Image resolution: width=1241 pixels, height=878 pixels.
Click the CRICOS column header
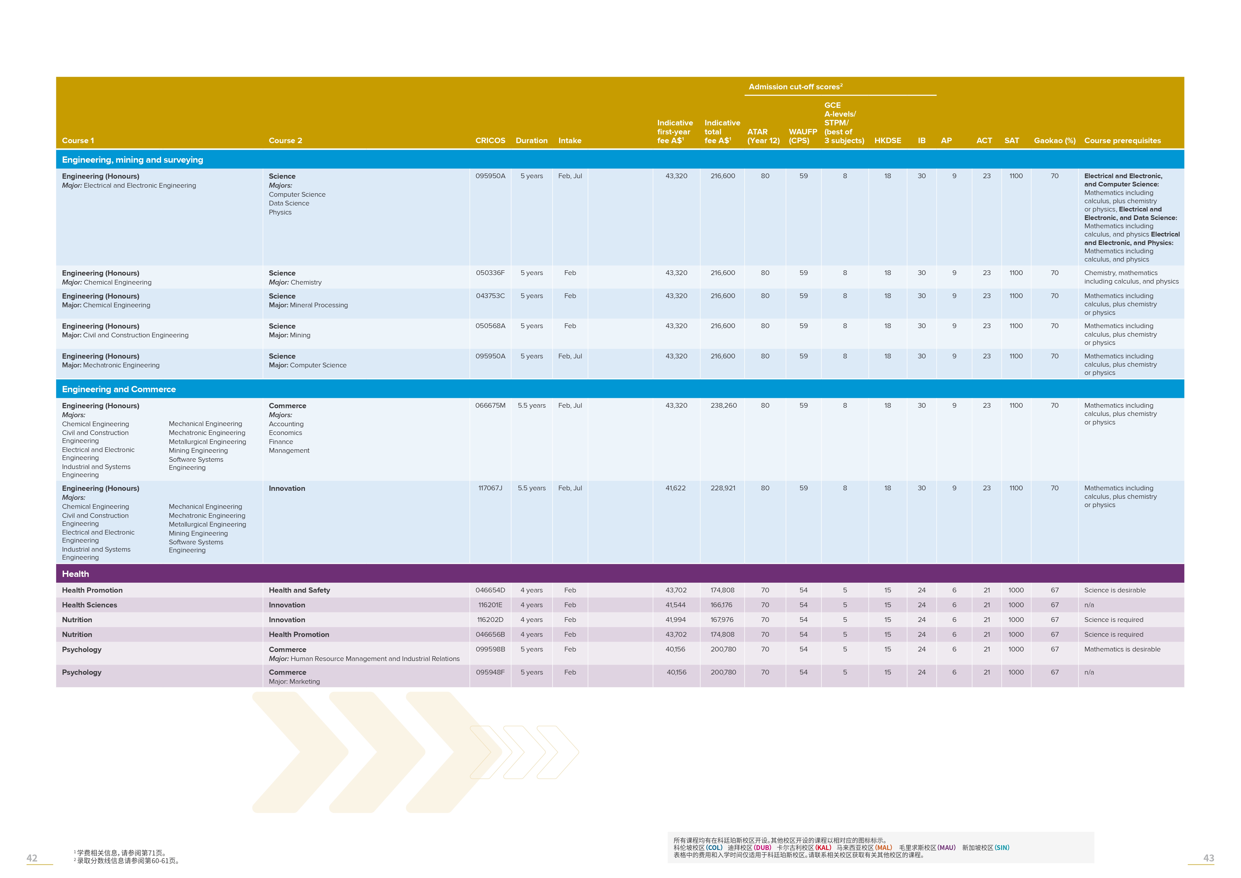coord(490,141)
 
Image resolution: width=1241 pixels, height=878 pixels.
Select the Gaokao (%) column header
coord(1054,141)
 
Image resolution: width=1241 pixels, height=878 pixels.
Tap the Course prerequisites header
coord(1122,141)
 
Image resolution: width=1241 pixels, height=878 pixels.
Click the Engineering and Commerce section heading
coord(119,389)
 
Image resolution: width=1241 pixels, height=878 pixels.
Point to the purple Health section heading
coord(76,574)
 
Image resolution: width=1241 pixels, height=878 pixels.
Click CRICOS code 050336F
coord(490,273)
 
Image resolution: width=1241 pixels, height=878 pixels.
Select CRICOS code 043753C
coord(490,296)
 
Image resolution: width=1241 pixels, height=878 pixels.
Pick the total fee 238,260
coord(723,405)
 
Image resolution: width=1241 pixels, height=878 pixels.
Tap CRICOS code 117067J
coord(490,488)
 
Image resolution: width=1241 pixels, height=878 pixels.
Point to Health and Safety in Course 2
coord(299,590)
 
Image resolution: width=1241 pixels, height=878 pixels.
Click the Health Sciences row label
coord(89,605)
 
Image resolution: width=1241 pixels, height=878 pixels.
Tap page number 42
coord(32,858)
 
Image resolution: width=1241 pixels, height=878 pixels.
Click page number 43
coord(1208,858)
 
